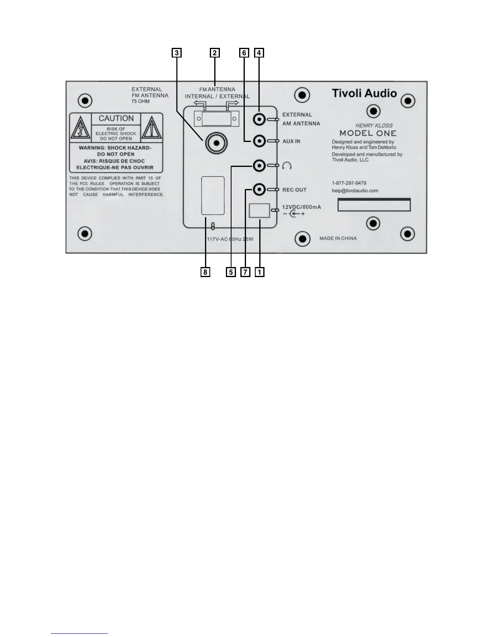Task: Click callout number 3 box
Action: [x=176, y=53]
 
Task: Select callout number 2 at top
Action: [x=215, y=53]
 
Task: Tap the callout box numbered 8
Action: [x=205, y=272]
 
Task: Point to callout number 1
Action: [x=260, y=272]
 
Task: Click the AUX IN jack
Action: [x=260, y=141]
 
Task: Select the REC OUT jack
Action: [x=260, y=189]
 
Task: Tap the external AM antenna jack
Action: [x=260, y=119]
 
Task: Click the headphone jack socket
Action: [x=260, y=165]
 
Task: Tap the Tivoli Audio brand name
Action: [x=364, y=93]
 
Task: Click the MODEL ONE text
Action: [x=368, y=133]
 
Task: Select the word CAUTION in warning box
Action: [x=116, y=119]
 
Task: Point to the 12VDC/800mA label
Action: [x=301, y=207]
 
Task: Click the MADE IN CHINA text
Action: [x=338, y=238]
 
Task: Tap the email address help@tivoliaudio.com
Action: [x=355, y=191]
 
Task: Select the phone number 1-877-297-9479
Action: [x=349, y=183]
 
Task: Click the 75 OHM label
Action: [x=140, y=101]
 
